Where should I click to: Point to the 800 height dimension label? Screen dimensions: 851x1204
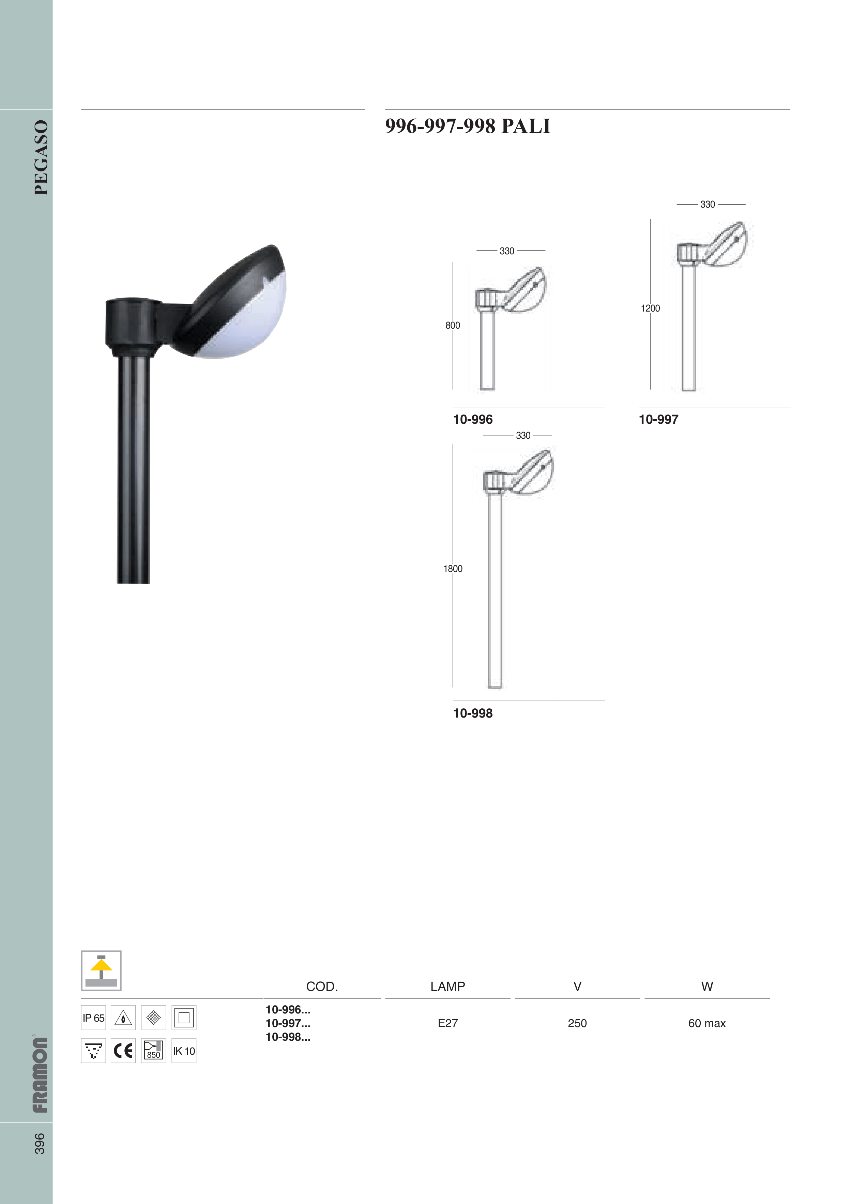pyautogui.click(x=453, y=326)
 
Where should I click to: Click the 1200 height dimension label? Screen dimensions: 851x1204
pyautogui.click(x=650, y=308)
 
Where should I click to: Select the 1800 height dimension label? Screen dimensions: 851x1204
pyautogui.click(x=453, y=569)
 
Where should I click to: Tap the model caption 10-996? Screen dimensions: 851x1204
pyautogui.click(x=473, y=420)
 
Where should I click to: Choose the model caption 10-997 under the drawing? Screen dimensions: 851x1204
pyautogui.click(x=658, y=420)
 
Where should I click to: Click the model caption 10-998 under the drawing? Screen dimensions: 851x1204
pyautogui.click(x=473, y=713)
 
